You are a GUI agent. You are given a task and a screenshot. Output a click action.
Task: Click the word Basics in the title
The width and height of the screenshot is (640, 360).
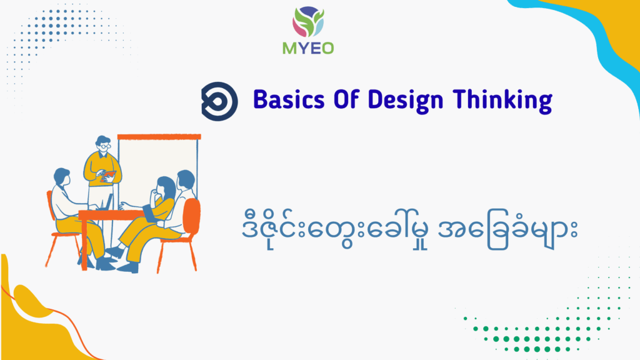(x=289, y=99)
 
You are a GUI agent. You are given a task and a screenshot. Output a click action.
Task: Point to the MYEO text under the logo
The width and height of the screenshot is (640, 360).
(x=308, y=49)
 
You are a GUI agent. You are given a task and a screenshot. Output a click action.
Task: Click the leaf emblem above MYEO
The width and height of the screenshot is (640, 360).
(x=308, y=22)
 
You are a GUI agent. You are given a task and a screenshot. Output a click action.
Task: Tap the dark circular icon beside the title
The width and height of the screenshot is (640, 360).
(x=219, y=101)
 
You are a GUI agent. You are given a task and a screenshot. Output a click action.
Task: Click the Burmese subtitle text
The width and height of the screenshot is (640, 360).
(x=409, y=229)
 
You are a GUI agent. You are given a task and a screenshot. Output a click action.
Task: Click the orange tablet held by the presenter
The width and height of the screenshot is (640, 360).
(x=108, y=176)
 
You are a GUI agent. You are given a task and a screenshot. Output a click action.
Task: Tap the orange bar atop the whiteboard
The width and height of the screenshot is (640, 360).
(x=159, y=137)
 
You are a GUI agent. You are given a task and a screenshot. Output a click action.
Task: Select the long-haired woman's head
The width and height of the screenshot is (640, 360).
(x=165, y=186)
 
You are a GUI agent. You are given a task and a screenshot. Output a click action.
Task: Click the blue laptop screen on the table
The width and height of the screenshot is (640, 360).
(x=109, y=202)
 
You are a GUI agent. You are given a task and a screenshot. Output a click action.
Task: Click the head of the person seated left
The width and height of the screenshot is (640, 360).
(x=62, y=177)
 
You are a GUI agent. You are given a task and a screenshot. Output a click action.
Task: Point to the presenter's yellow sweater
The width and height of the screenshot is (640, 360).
(x=102, y=169)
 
